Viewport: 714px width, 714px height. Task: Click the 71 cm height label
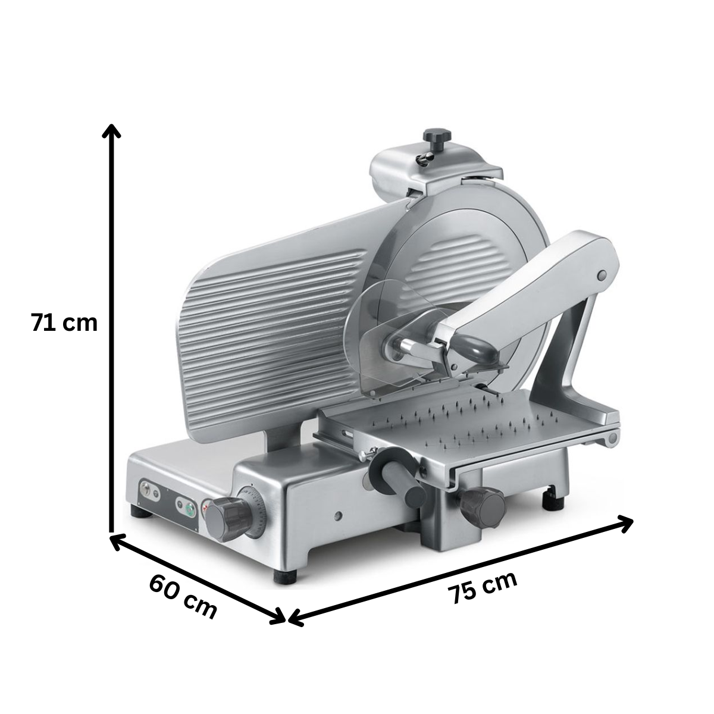pos(64,322)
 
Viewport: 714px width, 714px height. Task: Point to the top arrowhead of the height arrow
pos(111,130)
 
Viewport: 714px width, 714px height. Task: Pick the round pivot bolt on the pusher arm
pos(602,275)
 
